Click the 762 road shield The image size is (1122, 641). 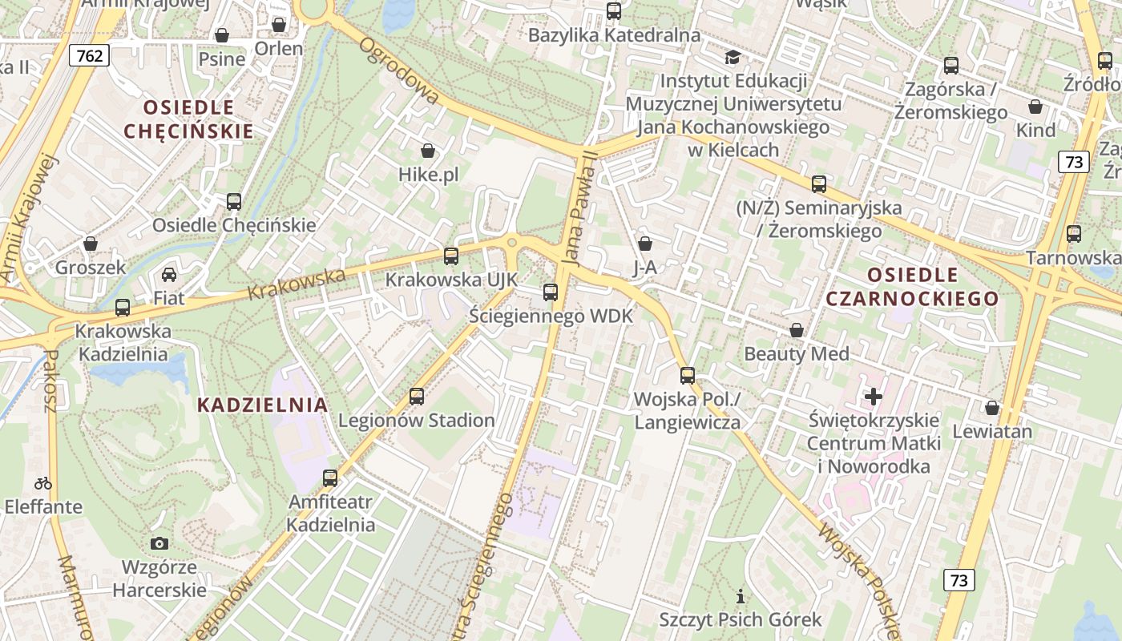[89, 55]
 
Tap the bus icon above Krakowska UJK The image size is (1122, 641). [451, 256]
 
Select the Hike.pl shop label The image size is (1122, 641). [428, 175]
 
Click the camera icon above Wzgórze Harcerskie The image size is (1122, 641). [159, 543]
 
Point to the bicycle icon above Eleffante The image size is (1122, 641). [43, 483]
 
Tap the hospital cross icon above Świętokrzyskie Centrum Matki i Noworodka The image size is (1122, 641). [874, 396]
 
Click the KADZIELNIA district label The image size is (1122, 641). [262, 405]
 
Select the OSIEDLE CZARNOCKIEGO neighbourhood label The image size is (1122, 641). [912, 287]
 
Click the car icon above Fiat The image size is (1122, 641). [169, 275]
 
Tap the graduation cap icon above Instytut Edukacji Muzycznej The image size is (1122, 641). [733, 57]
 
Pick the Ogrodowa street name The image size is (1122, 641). [399, 71]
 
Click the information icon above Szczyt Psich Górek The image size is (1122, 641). [741, 596]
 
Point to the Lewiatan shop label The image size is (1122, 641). [991, 431]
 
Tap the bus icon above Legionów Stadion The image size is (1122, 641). [417, 396]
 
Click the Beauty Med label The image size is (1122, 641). [796, 353]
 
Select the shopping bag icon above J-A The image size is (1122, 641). [645, 244]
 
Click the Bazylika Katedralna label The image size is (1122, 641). [614, 35]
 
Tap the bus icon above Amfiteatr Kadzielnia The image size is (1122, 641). [330, 478]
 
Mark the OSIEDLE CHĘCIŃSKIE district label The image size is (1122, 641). [188, 119]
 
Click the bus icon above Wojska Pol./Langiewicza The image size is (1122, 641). [687, 375]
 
